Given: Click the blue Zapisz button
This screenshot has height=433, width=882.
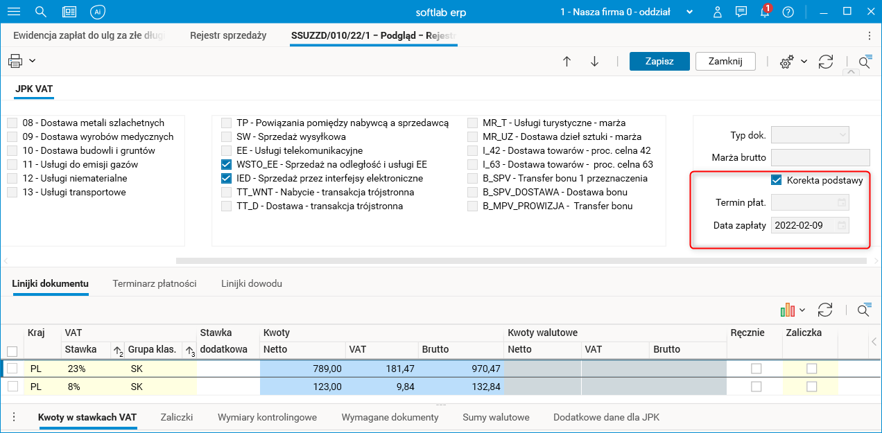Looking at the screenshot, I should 659,61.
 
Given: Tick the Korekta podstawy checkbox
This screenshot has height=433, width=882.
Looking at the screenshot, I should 777,180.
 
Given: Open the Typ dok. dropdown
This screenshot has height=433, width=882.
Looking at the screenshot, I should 810,135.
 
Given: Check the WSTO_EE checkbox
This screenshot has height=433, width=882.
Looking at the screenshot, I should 226,165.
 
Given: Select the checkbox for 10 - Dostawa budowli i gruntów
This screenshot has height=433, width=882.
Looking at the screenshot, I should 12,150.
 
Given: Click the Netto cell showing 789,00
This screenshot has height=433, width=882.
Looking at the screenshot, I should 302,369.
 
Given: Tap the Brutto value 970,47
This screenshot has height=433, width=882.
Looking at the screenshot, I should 461,369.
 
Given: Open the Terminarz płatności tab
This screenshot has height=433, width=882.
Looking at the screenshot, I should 155,283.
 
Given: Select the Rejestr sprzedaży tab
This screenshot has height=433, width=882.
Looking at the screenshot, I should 228,35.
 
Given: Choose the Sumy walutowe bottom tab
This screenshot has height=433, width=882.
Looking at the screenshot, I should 496,417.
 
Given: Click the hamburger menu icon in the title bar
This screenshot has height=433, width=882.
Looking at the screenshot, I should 13,12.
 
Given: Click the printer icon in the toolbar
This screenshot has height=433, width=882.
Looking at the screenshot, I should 15,61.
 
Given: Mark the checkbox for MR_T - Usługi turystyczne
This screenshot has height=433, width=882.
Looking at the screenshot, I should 473,123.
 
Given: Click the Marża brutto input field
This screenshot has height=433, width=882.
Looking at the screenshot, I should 820,157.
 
